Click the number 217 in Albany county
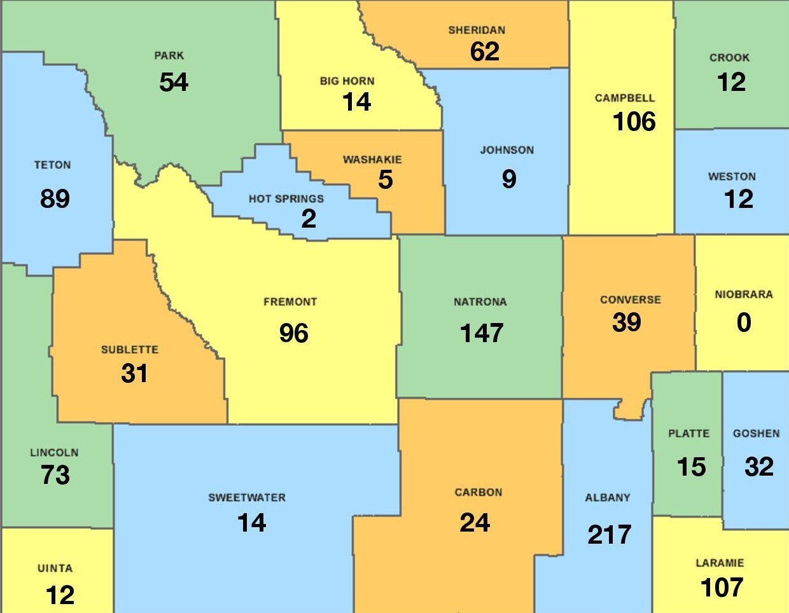(x=609, y=535)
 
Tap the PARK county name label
(x=169, y=56)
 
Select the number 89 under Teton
(x=55, y=199)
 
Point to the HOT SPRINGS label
(x=286, y=199)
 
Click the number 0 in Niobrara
(x=744, y=323)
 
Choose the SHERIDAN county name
(x=477, y=31)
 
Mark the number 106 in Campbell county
(x=634, y=121)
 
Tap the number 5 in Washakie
(x=386, y=180)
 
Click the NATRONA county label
(x=480, y=302)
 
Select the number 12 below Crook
(x=731, y=82)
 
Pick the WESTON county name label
(x=732, y=177)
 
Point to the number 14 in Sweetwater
(x=251, y=523)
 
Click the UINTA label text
(x=55, y=568)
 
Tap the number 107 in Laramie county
(x=722, y=588)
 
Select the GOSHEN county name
(x=756, y=434)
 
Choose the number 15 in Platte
(x=691, y=467)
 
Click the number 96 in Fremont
(x=293, y=333)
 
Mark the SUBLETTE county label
(x=130, y=350)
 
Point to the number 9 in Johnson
(x=509, y=179)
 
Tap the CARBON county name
(x=478, y=492)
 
